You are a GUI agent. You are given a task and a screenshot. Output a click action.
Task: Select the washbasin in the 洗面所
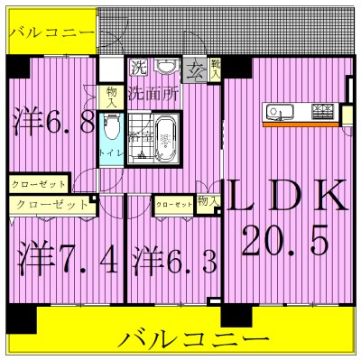164,68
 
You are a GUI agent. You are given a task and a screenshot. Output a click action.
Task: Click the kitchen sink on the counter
279,113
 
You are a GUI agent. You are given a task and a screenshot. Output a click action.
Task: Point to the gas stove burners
322,113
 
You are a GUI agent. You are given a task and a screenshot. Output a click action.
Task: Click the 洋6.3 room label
173,262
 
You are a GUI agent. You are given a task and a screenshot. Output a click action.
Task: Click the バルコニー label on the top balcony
50,32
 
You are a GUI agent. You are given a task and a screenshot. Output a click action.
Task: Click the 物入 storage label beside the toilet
110,97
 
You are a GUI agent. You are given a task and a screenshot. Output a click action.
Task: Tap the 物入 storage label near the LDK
208,201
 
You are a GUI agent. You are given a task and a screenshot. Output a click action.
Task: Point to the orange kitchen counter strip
303,124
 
